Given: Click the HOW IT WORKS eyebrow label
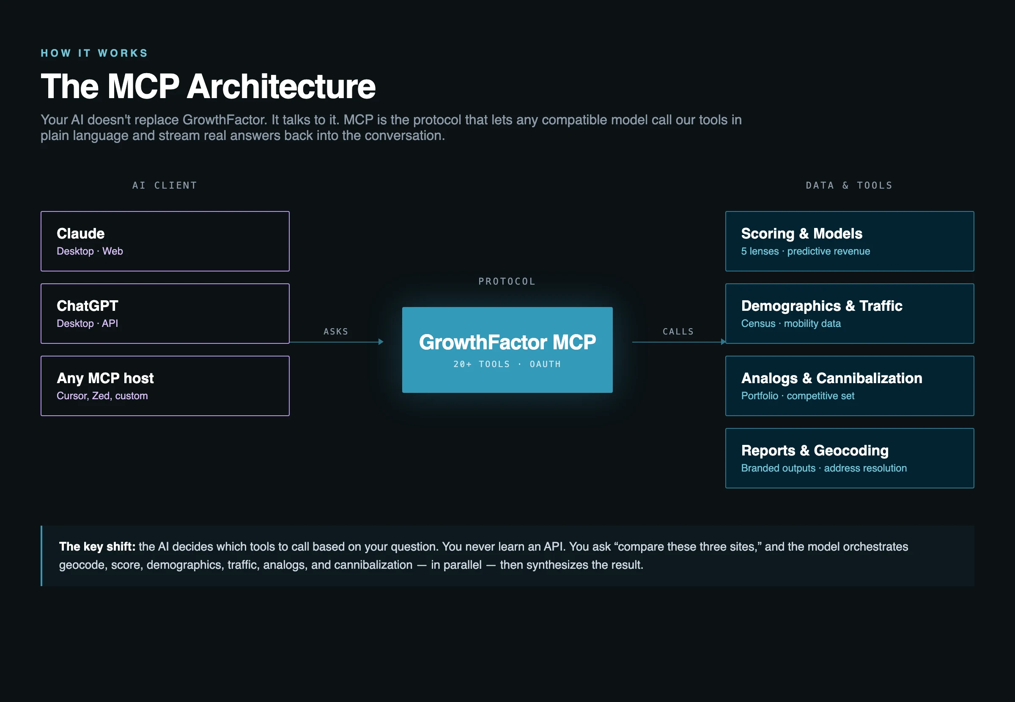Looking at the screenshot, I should (x=94, y=53).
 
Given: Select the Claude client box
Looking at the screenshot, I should (x=165, y=241).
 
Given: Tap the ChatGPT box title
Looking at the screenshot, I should (x=87, y=306).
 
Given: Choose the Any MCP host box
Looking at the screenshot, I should (x=165, y=386).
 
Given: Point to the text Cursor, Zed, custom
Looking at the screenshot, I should (x=102, y=396).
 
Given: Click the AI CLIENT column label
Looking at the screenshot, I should (x=165, y=185).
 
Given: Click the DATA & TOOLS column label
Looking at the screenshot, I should (x=849, y=185).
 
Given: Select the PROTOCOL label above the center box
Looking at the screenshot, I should (x=507, y=282).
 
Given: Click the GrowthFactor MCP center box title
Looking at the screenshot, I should (x=507, y=342).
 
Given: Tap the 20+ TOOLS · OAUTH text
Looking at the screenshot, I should (x=507, y=364).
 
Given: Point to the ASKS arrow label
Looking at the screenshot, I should (x=335, y=332).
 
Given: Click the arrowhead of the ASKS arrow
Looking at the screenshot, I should (x=381, y=342).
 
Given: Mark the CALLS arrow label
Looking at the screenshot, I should (x=678, y=332).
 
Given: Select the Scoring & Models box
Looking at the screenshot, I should (x=849, y=241).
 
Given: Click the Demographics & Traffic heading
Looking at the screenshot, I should (x=821, y=306).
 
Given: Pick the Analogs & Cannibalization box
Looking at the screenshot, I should (x=849, y=386).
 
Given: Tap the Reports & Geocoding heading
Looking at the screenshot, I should (x=815, y=450).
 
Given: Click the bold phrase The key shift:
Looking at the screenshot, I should (x=97, y=546).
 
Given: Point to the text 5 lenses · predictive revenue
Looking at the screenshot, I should (x=805, y=251).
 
